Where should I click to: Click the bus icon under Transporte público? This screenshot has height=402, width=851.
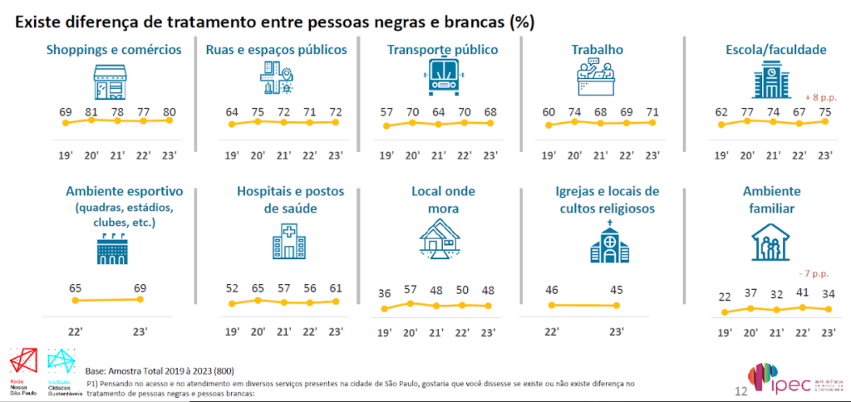(443, 78)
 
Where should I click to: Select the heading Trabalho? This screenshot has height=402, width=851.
(600, 50)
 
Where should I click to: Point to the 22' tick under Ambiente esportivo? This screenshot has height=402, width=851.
(75, 331)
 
